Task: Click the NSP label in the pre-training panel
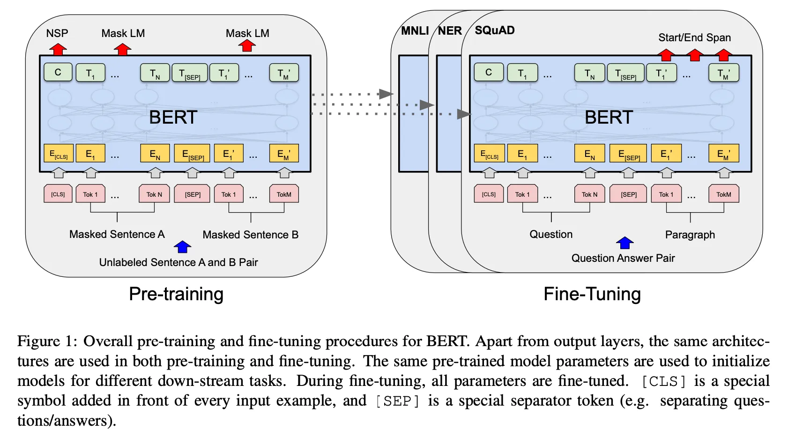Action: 57,33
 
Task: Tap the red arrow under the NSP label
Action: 58,49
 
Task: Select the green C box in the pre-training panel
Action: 58,72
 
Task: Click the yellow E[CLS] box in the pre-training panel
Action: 59,154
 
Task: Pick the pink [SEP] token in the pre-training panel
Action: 193,194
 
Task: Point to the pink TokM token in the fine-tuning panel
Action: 724,194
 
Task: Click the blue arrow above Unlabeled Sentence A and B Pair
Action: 183,247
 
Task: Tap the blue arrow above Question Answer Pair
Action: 625,243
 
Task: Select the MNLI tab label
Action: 415,31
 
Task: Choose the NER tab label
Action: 450,31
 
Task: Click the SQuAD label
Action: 495,30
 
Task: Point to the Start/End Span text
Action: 694,37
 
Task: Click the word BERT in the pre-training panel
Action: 173,117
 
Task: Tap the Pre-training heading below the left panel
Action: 176,294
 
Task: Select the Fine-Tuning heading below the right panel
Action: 592,294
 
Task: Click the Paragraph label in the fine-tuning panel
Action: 690,235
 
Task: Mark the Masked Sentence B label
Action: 251,235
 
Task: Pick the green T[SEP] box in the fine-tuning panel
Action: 626,73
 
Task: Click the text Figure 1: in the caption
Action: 47,341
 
